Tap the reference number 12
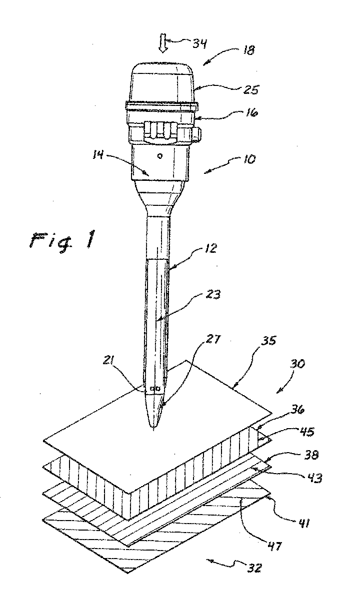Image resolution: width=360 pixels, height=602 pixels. coord(210,248)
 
